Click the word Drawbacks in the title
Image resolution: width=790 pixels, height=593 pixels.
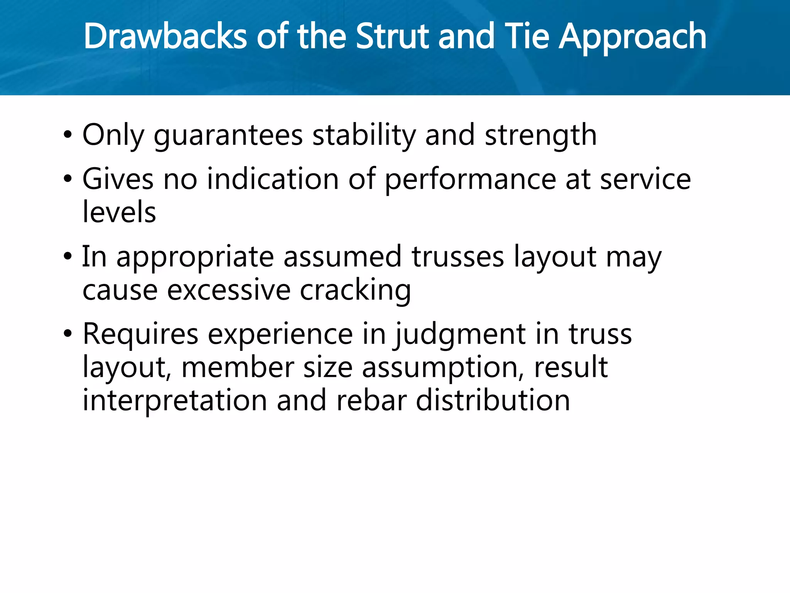(165, 36)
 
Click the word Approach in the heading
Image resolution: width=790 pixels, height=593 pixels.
(633, 37)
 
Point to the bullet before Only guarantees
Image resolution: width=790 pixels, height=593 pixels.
(68, 136)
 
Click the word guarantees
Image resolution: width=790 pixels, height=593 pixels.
(228, 136)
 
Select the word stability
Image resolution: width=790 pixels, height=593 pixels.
(364, 136)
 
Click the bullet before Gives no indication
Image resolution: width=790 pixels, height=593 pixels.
(68, 180)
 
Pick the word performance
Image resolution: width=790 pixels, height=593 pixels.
(470, 180)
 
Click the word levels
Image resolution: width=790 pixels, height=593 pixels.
(119, 212)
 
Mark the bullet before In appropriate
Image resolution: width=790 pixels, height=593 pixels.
(68, 257)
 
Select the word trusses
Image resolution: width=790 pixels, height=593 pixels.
(457, 257)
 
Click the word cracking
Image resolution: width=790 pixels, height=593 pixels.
(355, 290)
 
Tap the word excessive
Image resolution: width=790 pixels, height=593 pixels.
(229, 290)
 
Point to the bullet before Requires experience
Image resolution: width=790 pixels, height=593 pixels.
(68, 334)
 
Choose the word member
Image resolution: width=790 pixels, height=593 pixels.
(238, 368)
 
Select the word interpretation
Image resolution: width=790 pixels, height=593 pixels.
(175, 401)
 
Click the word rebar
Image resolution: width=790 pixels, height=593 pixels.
(371, 401)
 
